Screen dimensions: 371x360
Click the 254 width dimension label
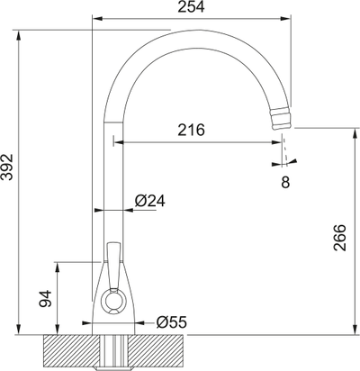(191, 8)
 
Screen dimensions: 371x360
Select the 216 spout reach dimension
(190, 130)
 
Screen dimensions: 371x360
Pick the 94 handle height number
(43, 300)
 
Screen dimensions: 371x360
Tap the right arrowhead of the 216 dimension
(280, 141)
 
